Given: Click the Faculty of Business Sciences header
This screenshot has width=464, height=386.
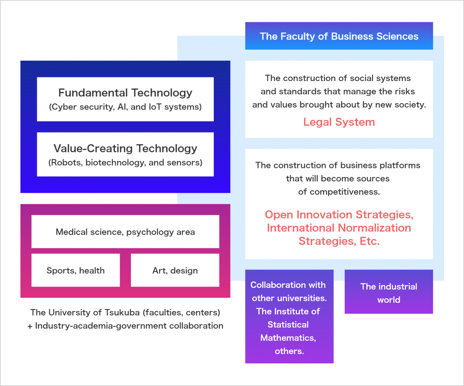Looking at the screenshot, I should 339,36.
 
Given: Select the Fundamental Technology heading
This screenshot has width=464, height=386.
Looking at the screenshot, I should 125,93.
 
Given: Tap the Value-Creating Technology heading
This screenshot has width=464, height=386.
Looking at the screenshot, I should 125,148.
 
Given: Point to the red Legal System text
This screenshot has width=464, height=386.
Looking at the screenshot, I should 339,122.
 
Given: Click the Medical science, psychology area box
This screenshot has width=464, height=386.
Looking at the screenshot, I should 125,232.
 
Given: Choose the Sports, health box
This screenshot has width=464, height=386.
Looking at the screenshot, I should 76,271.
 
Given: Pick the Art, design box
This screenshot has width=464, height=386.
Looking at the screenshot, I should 175,271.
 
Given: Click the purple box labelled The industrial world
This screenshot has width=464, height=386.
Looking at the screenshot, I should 388,292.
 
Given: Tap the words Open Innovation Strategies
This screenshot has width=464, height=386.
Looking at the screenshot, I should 339,214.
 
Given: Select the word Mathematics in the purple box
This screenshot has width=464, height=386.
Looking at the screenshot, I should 288,338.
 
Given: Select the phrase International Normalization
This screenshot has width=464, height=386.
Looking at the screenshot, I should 339,228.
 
